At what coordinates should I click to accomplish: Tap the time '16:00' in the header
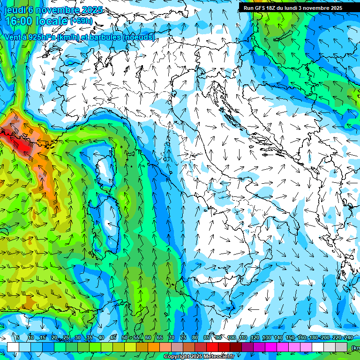coord(18,21)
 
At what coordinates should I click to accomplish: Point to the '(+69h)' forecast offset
coord(81,21)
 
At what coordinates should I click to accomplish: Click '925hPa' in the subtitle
coord(40,37)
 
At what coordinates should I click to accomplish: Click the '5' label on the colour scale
coord(18,337)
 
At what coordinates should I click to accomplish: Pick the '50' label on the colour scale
coord(124,337)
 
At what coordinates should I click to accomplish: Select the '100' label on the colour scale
coord(231,337)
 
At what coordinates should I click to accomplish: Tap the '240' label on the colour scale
coord(349,337)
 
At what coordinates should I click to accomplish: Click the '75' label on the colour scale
coord(183,337)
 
